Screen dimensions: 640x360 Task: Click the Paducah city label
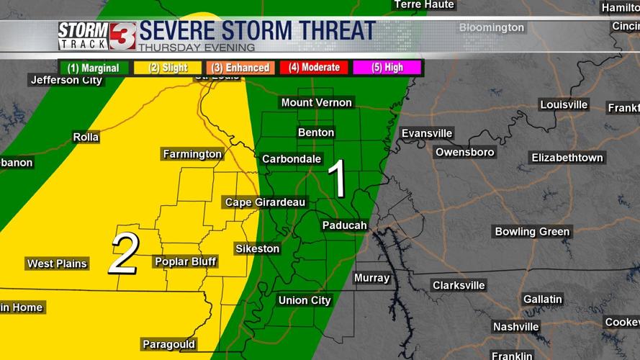pos(344,225)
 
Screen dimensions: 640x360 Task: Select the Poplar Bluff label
pos(185,261)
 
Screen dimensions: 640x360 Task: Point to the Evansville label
pos(427,133)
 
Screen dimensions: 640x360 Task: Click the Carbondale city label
pos(291,158)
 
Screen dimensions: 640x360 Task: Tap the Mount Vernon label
pos(317,102)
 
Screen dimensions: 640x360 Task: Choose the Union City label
pos(305,300)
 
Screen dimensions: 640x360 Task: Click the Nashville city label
pos(515,326)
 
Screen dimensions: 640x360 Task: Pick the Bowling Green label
pos(532,231)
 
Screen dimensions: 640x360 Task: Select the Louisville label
pos(564,104)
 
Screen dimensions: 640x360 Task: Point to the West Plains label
pos(57,264)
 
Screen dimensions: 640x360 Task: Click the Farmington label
pos(192,154)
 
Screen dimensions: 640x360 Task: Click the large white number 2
pos(124,253)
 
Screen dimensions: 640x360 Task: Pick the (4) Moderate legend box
pos(314,68)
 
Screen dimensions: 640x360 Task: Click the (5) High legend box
pos(387,68)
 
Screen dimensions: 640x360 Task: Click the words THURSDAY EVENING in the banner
pos(196,48)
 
